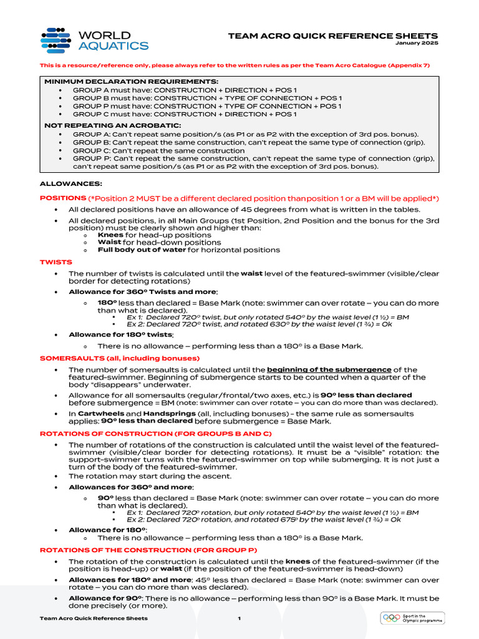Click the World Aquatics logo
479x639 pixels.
[94, 39]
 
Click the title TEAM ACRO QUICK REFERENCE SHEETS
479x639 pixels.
[332, 36]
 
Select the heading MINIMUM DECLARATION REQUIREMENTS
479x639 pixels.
[131, 82]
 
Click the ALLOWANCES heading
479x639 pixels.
[66, 183]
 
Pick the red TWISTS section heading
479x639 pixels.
[56, 262]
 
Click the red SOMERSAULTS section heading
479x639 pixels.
[119, 358]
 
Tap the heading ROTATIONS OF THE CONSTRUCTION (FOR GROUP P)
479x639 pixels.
[148, 550]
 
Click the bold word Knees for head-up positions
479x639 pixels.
[110, 235]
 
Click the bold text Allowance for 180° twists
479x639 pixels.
[121, 334]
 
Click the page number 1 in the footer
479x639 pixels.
[239, 618]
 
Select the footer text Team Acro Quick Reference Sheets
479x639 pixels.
[94, 618]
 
